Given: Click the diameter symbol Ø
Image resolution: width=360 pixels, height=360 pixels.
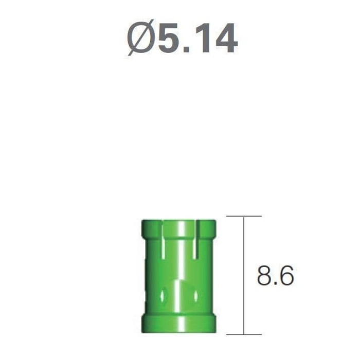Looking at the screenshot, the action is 140,38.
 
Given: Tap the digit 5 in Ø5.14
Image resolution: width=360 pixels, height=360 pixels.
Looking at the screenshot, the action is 169,38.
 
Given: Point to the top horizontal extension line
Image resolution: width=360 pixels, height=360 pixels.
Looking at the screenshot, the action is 244,216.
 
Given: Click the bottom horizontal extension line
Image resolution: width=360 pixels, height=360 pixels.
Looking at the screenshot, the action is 244,334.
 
